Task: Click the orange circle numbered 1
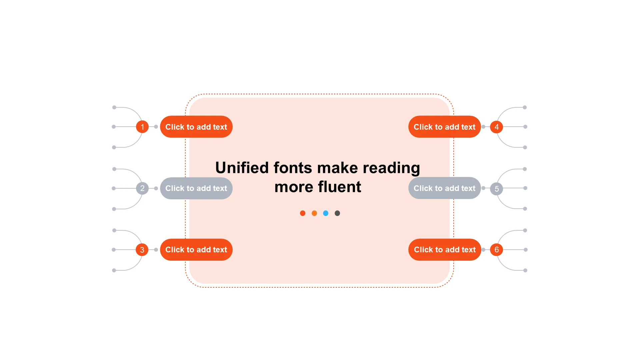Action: pos(142,127)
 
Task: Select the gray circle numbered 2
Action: pos(142,188)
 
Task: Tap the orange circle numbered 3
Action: pos(142,250)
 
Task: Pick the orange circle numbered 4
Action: pos(496,127)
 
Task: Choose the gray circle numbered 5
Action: pos(496,189)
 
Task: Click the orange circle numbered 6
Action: pos(496,250)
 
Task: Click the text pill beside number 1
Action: pos(196,127)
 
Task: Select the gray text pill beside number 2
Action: pos(196,188)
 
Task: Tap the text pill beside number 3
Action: pos(196,250)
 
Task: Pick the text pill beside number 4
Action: pos(445,127)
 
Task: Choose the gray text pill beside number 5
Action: pos(445,188)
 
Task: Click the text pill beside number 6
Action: pos(445,250)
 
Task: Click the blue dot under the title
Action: pos(326,213)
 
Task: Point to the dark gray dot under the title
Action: pos(337,213)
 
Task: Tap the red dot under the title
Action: pos(303,213)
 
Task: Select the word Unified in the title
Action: pos(242,167)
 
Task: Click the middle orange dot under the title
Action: pos(314,213)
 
